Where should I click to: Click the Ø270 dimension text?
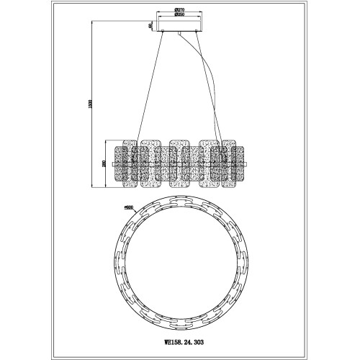click(179, 11)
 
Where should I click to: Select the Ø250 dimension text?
click(179, 15)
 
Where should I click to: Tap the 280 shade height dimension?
click(104, 165)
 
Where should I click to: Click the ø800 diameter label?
click(129, 209)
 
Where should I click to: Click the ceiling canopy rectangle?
click(179, 26)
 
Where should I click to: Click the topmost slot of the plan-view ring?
click(179, 207)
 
